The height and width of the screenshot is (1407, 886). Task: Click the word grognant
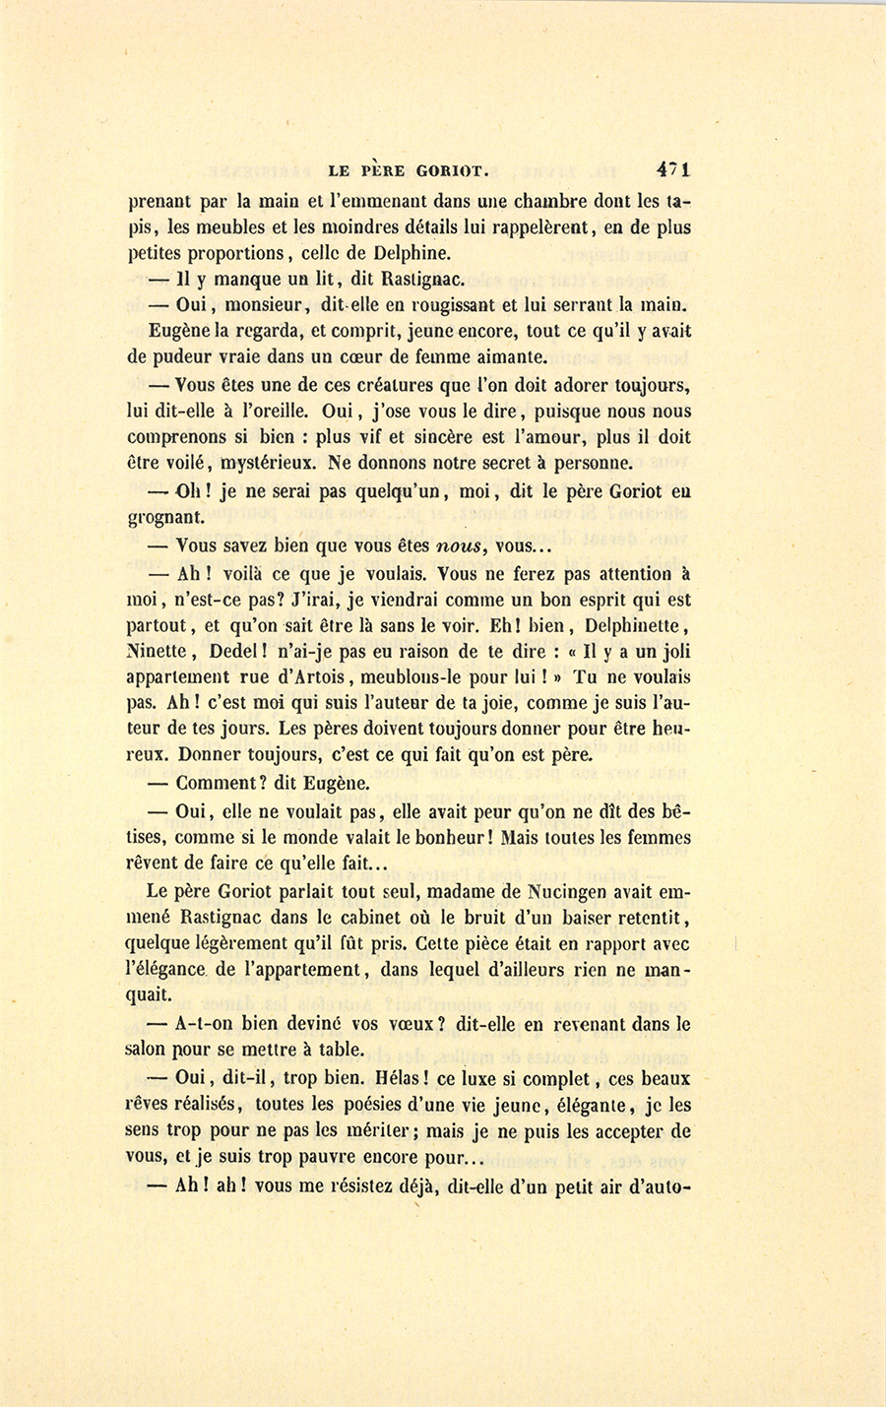(x=166, y=516)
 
